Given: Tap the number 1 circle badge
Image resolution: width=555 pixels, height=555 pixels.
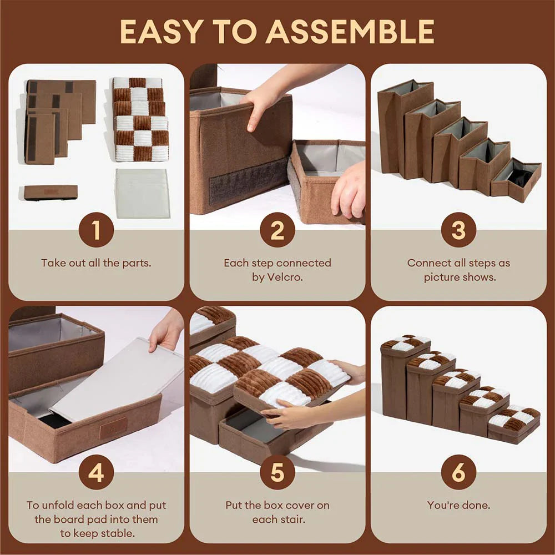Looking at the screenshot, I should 96,230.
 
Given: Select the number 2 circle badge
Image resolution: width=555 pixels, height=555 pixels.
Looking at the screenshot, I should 277,230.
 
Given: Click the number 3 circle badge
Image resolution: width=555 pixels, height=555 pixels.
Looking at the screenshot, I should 458,230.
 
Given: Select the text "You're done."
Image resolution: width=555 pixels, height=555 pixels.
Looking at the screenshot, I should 458,505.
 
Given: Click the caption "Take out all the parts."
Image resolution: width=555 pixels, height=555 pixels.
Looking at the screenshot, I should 96,263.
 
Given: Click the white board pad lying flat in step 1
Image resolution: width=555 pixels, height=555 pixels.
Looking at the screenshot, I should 143,193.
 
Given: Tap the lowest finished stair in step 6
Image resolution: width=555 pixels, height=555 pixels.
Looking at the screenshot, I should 514,425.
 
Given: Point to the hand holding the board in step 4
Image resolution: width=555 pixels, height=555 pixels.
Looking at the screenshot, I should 167,330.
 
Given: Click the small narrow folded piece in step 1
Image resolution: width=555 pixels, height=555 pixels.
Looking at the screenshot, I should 51,192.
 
